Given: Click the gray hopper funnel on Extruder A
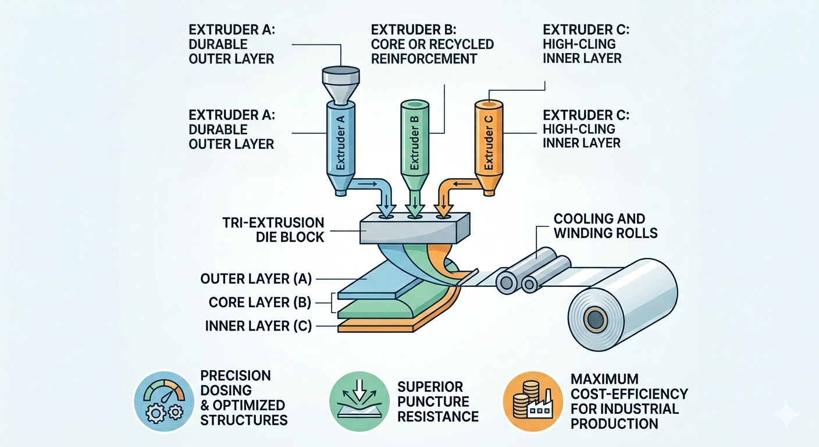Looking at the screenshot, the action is (x=341, y=85).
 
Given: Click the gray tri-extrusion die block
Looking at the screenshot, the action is (x=415, y=228).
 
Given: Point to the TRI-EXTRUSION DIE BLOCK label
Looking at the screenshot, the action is (x=273, y=230).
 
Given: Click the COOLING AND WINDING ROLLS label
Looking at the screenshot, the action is (x=606, y=226).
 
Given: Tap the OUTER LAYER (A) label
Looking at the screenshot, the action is (x=256, y=279).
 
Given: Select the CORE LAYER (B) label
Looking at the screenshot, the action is (x=259, y=302).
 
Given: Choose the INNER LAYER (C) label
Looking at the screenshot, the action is (x=258, y=325).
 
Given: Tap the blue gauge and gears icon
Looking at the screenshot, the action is (x=164, y=401).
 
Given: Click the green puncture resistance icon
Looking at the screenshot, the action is (x=359, y=401).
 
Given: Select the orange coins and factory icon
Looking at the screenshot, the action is (x=533, y=401).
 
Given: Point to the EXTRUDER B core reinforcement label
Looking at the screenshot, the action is (x=432, y=44).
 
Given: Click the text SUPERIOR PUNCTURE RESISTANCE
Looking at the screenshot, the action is (x=437, y=401).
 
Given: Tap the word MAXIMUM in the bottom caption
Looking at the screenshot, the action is (x=600, y=378).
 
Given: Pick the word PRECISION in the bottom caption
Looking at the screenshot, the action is (x=236, y=375).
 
